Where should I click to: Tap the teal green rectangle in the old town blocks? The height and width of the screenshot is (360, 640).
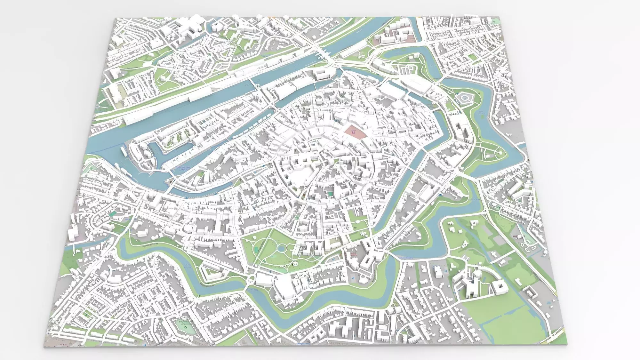[329, 194]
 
